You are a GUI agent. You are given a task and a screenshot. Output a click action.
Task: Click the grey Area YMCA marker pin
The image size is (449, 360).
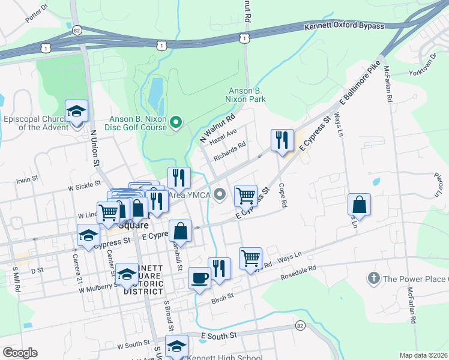point(220,193)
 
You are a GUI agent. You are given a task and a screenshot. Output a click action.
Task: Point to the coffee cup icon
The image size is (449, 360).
point(199,278)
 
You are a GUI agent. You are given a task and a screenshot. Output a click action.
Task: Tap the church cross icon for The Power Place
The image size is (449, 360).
point(373,278)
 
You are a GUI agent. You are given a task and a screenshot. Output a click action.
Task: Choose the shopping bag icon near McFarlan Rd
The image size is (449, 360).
point(359,204)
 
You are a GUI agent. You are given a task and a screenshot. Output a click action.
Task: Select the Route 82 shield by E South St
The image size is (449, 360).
point(300,325)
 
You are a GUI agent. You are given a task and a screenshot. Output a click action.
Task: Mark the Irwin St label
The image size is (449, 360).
point(27,178)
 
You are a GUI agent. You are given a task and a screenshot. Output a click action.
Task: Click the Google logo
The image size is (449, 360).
point(20,353)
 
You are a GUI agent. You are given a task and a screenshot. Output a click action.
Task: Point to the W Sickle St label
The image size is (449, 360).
point(84,187)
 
